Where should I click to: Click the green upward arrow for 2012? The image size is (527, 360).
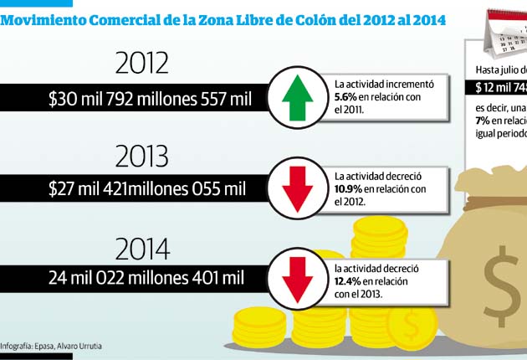point(297,96)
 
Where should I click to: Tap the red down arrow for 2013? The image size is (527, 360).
point(297,188)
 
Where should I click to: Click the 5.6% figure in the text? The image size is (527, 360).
point(347,96)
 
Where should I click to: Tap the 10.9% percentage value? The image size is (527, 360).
point(349,188)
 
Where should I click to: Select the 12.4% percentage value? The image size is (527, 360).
point(349,282)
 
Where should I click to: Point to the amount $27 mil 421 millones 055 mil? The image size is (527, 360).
point(147,189)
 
